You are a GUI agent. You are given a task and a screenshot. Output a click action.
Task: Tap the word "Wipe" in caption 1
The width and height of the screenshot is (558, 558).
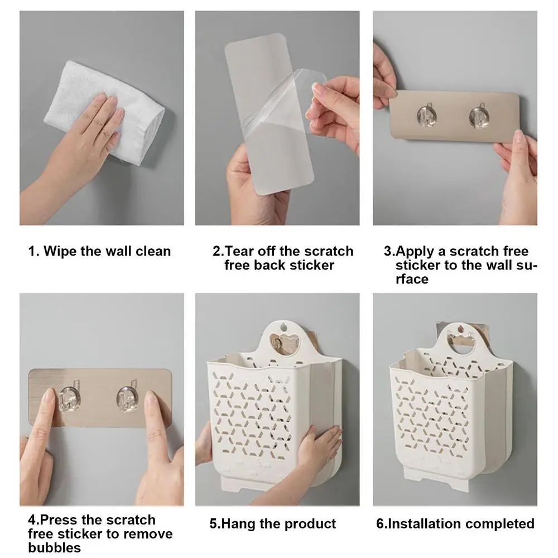pyautogui.click(x=59, y=251)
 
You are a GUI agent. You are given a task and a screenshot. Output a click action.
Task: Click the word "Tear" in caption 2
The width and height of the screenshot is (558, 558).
pyautogui.click(x=240, y=251)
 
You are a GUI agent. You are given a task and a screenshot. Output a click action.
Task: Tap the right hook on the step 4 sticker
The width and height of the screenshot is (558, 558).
pyautogui.click(x=127, y=398)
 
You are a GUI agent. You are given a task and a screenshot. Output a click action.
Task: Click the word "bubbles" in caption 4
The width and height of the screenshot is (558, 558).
pyautogui.click(x=55, y=547)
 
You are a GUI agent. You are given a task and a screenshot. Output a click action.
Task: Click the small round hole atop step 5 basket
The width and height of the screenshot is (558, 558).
pyautogui.click(x=283, y=326)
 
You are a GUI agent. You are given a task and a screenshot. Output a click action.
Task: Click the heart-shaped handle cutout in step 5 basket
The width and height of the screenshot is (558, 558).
pyautogui.click(x=285, y=342)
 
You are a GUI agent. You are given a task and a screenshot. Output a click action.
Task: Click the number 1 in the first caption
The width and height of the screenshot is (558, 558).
pyautogui.click(x=32, y=251)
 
